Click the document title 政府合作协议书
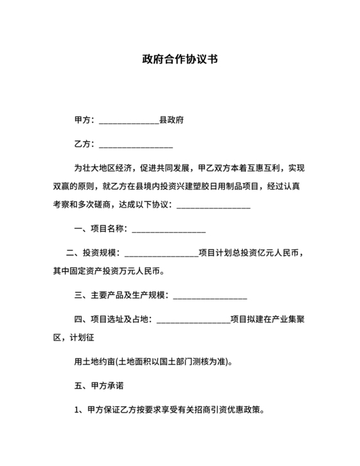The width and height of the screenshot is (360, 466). tap(180, 60)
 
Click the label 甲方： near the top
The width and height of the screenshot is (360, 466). tap(85, 120)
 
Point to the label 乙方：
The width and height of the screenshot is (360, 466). tap(85, 144)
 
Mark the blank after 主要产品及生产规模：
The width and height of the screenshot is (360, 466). tap(210, 297)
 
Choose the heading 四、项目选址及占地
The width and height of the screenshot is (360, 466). tap(113, 319)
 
